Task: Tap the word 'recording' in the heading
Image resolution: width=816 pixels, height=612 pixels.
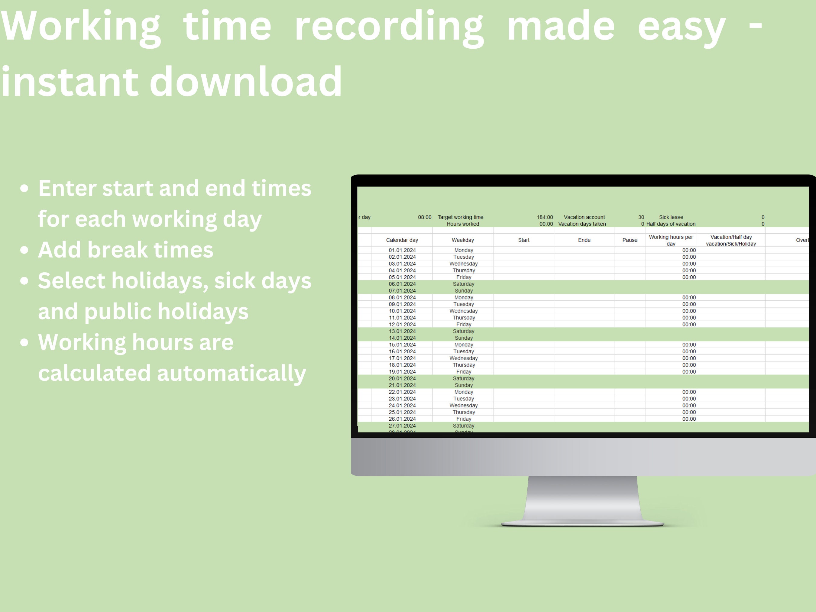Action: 389,27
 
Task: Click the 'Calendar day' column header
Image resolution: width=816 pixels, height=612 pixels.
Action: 402,240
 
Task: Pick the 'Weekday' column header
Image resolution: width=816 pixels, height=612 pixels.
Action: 463,240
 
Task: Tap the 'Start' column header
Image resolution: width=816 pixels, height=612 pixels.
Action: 523,240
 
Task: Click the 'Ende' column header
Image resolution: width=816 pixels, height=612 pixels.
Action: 584,240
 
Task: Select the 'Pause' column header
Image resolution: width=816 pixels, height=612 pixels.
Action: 630,240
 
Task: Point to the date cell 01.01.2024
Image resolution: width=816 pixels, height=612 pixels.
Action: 402,251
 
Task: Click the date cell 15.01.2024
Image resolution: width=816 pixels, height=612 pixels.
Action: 402,345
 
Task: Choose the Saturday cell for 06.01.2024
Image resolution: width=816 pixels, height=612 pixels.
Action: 463,284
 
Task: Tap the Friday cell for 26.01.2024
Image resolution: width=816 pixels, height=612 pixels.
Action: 463,419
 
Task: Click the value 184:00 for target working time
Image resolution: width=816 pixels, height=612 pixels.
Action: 545,217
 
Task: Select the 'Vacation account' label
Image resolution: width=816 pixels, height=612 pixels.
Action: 584,217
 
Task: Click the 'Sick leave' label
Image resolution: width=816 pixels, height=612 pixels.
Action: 671,217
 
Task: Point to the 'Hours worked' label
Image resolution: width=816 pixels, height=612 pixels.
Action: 463,224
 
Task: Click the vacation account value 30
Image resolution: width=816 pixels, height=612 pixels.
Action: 641,217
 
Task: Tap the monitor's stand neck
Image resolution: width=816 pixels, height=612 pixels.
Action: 582,498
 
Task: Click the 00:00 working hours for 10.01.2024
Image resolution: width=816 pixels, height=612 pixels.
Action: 689,311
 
